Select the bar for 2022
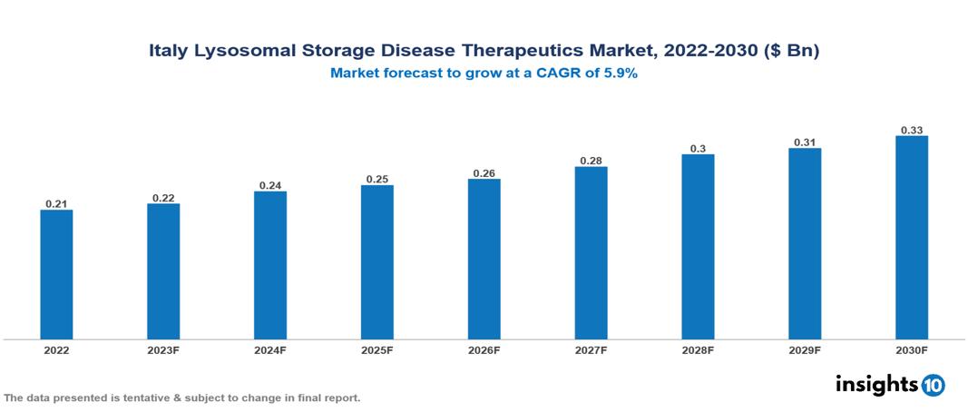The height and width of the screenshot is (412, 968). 56,274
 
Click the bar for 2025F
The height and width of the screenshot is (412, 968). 376,261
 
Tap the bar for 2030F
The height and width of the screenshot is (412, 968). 912,237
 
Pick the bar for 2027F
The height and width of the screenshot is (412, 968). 591,252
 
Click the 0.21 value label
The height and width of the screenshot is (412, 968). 56,204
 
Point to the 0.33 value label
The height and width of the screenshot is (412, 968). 912,130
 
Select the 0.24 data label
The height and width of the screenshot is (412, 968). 270,185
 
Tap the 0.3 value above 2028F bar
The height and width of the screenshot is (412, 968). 698,148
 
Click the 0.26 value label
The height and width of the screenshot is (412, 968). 484,173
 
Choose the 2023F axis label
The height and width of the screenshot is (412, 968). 163,349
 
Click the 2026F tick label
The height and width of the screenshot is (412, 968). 484,349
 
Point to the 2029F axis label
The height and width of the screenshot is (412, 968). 805,349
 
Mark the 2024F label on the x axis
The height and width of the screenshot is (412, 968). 270,349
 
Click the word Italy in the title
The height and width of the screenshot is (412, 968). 169,52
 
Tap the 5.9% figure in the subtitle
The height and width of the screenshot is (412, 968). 621,74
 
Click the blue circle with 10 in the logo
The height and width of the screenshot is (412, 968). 933,385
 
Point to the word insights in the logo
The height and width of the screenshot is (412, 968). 876,384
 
